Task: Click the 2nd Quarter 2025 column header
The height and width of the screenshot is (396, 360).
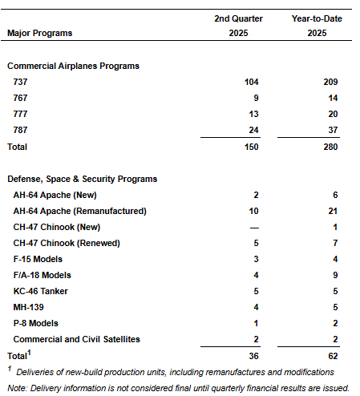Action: [238, 26]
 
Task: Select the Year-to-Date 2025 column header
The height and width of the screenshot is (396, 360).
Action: [317, 26]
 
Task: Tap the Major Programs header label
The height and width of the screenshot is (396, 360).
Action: [40, 33]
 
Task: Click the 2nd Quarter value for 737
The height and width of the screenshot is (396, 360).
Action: [252, 82]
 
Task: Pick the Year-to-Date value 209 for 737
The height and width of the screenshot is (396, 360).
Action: [330, 82]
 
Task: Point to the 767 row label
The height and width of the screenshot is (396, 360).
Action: [20, 98]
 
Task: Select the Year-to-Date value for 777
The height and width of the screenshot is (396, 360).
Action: [333, 114]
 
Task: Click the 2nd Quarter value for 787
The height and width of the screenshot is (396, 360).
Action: [253, 130]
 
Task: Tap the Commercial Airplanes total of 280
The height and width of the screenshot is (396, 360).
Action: [330, 147]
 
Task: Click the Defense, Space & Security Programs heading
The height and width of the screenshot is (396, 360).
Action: [83, 179]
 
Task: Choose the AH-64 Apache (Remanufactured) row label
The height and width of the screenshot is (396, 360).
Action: [80, 211]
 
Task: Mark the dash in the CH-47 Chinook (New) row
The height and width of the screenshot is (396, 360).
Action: [254, 228]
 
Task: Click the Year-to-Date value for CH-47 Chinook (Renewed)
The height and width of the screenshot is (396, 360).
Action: [335, 243]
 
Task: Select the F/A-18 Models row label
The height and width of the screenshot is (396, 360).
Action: [42, 275]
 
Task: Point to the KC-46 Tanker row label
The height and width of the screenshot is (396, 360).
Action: [41, 291]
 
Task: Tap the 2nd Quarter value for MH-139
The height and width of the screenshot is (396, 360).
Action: [256, 307]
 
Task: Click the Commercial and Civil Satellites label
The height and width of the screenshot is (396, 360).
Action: [77, 339]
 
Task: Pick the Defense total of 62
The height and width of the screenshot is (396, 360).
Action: [333, 356]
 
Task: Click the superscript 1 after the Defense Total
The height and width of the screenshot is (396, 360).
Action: [29, 353]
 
